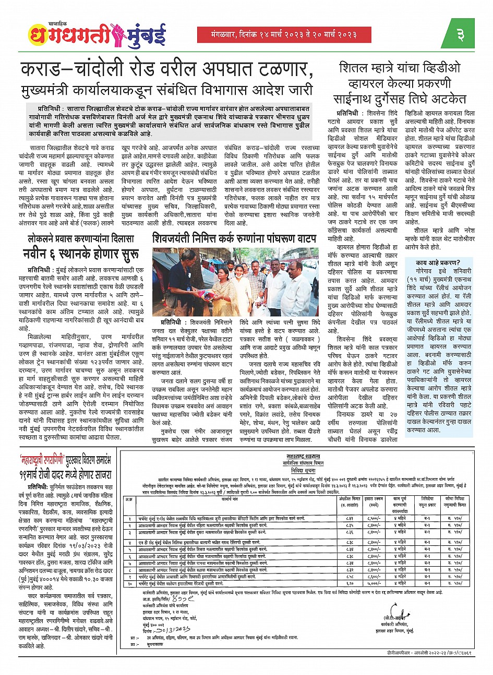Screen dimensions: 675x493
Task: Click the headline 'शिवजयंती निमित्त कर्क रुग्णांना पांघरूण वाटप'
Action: (235, 239)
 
